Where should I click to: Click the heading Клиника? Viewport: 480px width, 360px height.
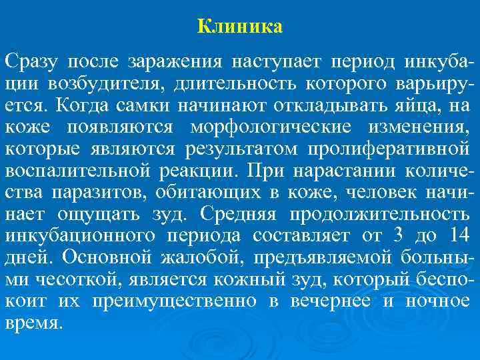240,27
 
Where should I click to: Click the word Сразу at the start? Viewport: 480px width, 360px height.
31,63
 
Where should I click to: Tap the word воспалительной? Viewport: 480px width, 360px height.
78,171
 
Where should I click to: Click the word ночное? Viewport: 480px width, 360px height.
437,301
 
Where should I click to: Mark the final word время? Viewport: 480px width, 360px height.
33,322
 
